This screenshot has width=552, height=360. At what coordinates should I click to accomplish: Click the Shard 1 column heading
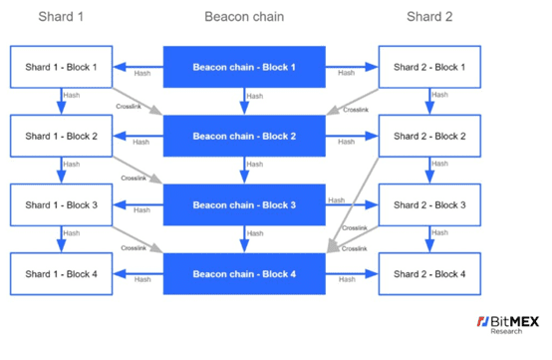pos(61,17)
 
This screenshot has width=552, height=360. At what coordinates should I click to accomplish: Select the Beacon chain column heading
pos(244,17)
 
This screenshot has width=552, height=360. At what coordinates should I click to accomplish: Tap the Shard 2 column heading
pos(429,17)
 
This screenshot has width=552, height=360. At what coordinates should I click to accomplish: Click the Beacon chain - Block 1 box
pos(244,67)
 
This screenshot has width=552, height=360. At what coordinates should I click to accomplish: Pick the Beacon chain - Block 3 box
pos(244,204)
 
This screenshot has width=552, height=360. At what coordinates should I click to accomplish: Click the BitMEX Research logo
pos(507,325)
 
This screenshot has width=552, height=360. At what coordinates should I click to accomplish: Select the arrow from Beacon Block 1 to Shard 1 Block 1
pos(138,67)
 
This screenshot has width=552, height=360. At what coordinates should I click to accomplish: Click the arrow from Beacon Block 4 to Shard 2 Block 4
pos(352,273)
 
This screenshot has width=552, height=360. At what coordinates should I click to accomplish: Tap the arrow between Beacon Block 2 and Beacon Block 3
pos(244,171)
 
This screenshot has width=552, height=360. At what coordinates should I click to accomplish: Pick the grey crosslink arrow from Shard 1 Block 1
pos(138,101)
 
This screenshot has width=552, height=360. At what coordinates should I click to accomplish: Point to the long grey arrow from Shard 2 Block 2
pos(353,205)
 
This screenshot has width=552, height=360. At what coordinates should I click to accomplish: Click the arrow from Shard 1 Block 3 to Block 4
pos(61,239)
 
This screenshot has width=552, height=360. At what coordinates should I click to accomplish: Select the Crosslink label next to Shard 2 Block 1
pos(356,110)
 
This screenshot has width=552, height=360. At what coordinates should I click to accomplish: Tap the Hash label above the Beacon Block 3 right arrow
pos(337,200)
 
